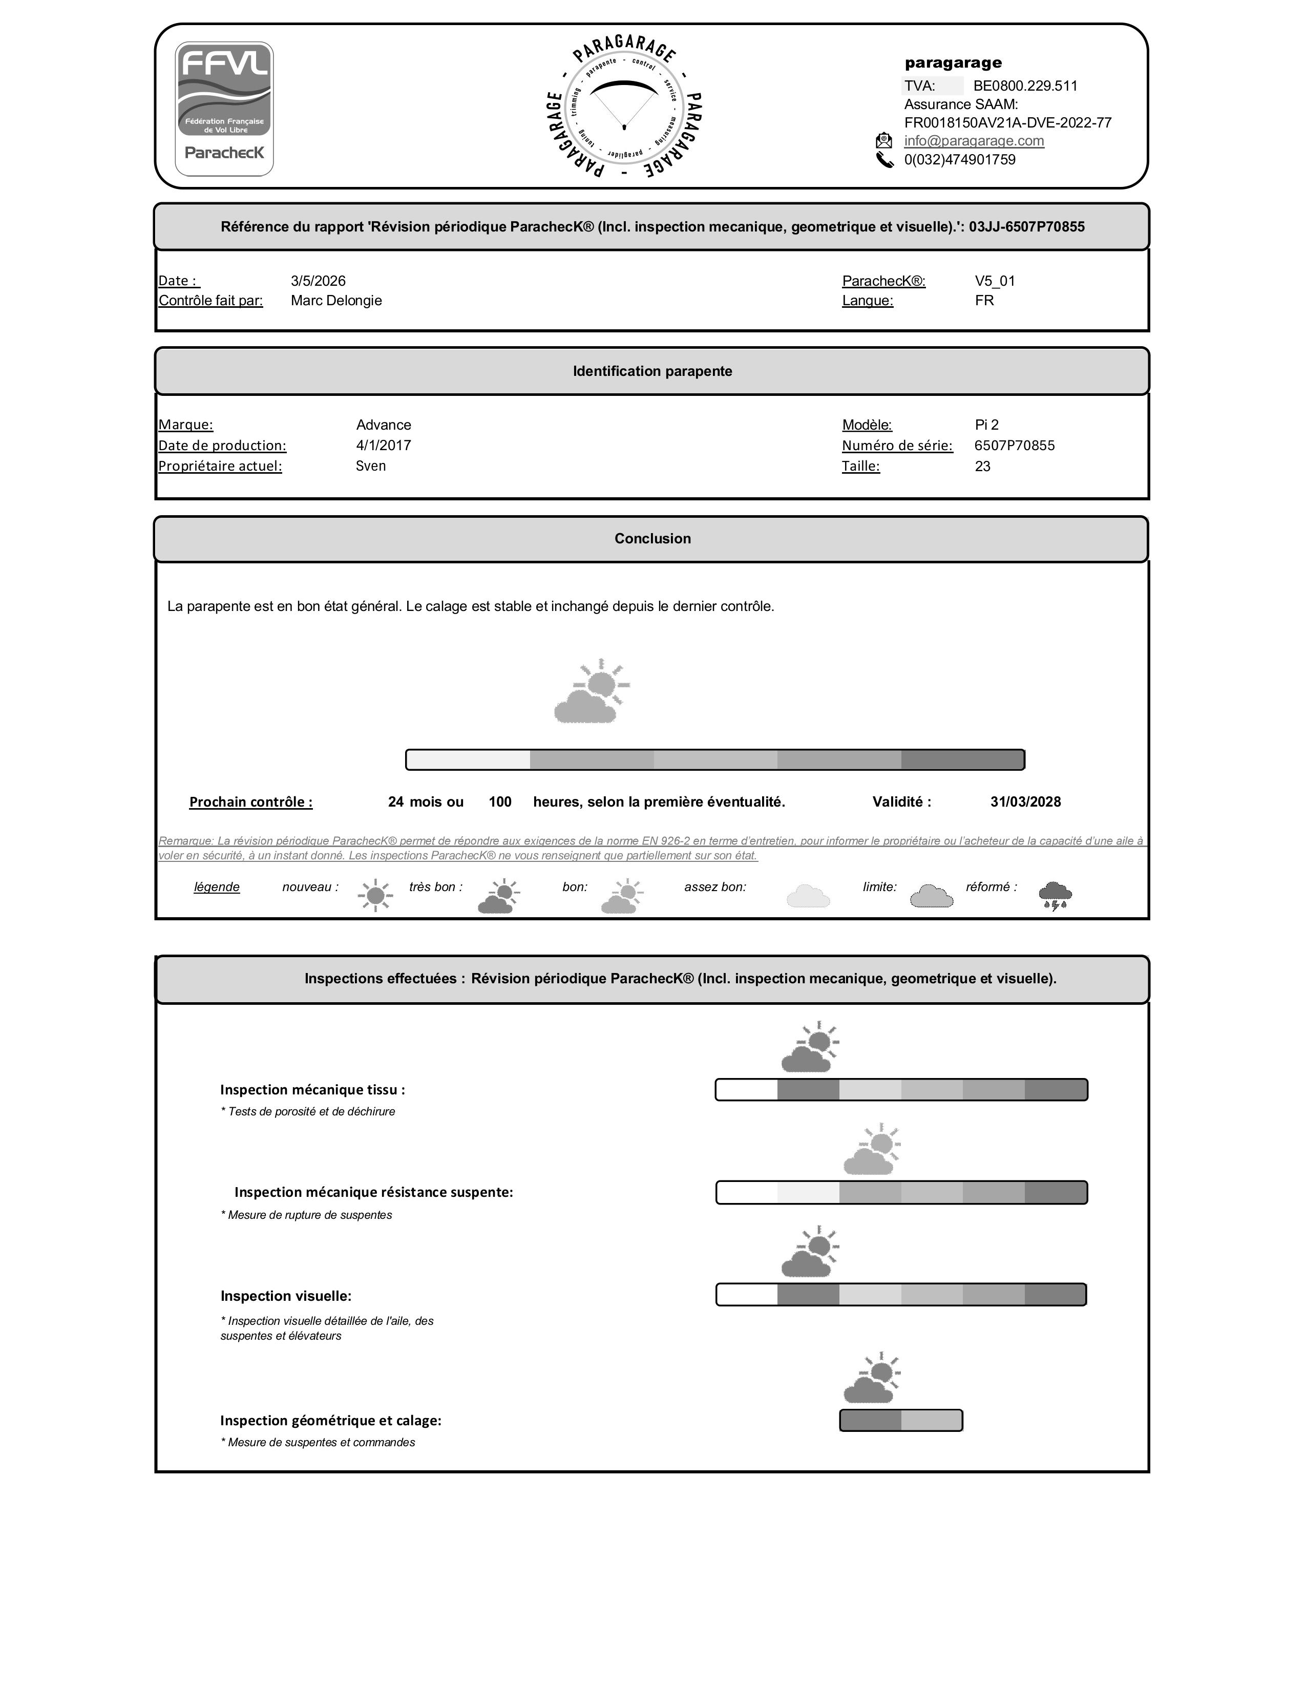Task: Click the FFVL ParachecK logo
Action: (224, 109)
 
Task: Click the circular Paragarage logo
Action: (624, 108)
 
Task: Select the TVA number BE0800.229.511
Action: (1025, 86)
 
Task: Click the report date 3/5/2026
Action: (318, 281)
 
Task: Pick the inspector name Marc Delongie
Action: (336, 300)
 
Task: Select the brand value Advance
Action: (383, 425)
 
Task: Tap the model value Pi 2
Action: (986, 425)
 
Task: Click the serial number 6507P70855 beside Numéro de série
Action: (1014, 446)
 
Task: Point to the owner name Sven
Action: (371, 466)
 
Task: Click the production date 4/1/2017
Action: (383, 446)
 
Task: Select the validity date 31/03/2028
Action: (1025, 801)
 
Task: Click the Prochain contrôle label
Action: (250, 802)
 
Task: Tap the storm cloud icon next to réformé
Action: (1055, 895)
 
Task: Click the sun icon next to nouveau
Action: (375, 895)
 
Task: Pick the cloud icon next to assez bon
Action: (808, 896)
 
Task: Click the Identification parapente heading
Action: (652, 371)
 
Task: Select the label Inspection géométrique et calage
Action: (330, 1421)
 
